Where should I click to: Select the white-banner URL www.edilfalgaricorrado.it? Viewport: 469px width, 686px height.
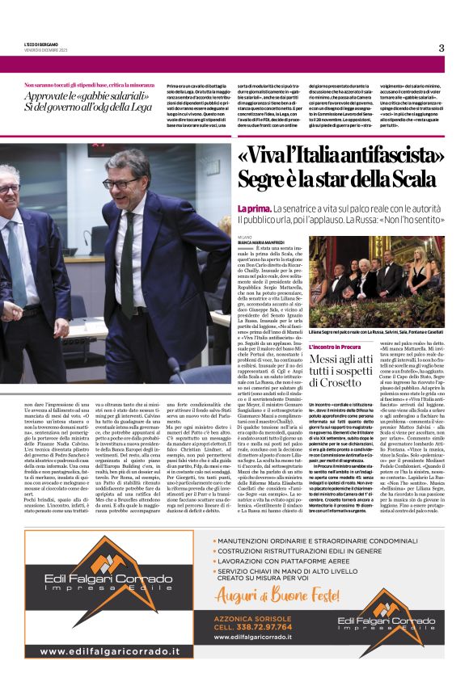(110, 650)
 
